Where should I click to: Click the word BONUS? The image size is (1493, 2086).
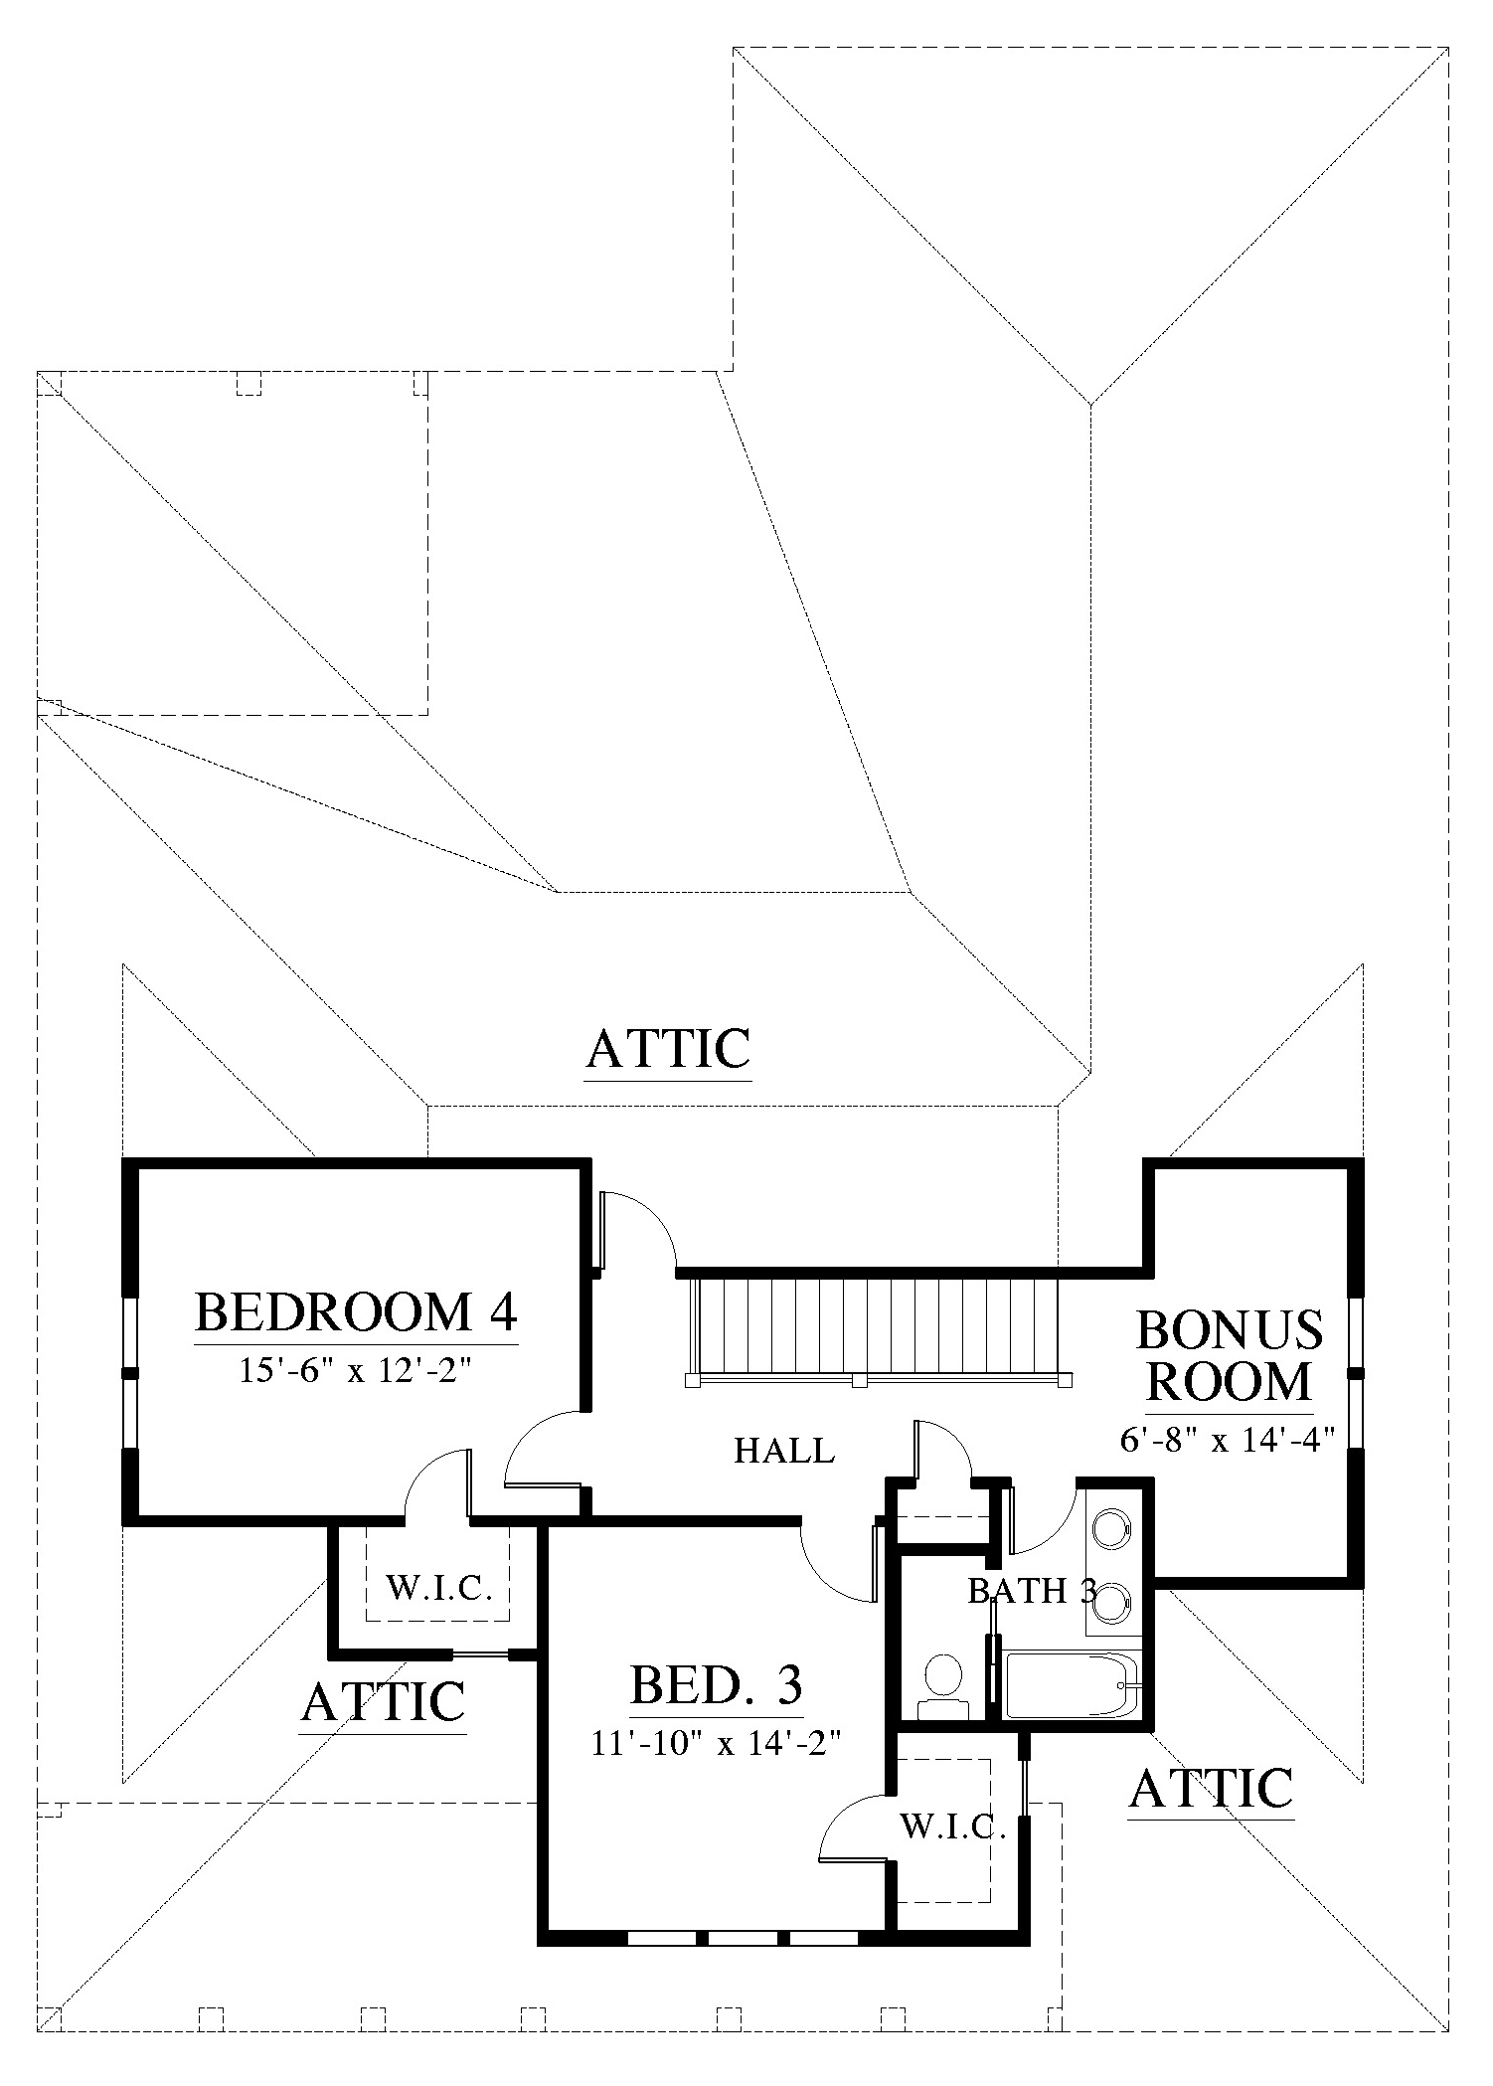click(1230, 1330)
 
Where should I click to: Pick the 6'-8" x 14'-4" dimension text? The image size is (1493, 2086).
click(1227, 1438)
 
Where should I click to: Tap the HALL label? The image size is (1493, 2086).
click(784, 1452)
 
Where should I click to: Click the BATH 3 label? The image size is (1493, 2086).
click(1032, 1591)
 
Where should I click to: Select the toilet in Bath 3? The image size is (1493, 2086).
click(942, 1685)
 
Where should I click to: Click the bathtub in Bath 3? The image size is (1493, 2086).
click(1074, 1684)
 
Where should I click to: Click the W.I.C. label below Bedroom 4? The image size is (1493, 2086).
click(439, 1588)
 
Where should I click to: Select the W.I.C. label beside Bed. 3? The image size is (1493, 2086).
click(954, 1825)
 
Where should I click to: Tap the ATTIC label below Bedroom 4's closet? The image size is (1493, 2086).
click(384, 1701)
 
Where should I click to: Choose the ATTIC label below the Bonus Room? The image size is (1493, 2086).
click(1212, 1788)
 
